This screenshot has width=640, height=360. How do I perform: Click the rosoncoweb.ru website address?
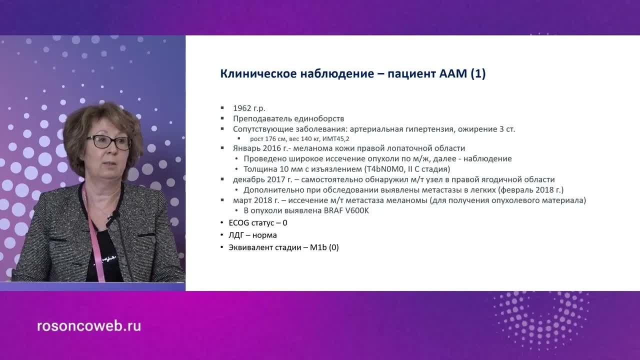(89, 326)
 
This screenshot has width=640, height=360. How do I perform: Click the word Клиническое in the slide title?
(257, 74)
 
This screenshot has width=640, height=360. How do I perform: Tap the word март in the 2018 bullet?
(242, 200)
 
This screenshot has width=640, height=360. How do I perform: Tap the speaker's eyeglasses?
(108, 142)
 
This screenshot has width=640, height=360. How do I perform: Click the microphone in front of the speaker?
(115, 216)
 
